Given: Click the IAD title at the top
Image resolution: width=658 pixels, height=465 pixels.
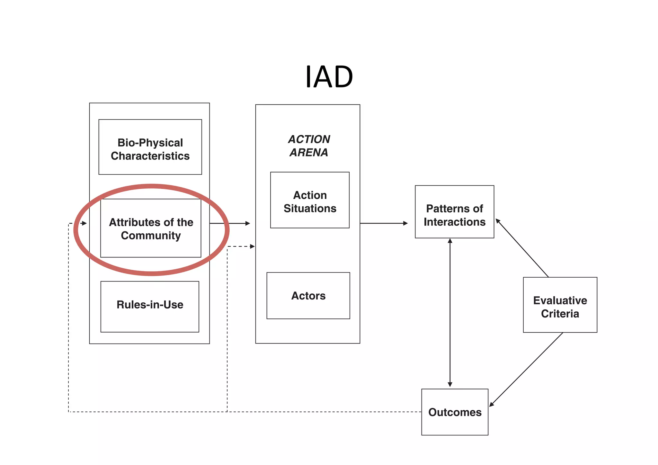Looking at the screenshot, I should click(x=329, y=77).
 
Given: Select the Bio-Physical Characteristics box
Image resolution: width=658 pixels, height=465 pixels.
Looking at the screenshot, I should click(x=150, y=147).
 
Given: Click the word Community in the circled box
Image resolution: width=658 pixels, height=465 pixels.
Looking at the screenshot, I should click(x=151, y=236).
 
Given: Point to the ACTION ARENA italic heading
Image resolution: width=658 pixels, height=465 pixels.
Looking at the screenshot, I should click(x=309, y=146).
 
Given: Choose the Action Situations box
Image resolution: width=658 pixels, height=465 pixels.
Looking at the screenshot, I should click(x=310, y=200).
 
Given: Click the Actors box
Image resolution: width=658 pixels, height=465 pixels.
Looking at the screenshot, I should click(x=308, y=296).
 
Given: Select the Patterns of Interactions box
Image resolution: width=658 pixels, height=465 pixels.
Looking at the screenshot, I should click(x=454, y=212).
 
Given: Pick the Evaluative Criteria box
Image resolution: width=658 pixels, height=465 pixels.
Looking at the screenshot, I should click(x=560, y=305).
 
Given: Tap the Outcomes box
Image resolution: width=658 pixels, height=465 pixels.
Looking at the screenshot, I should click(x=455, y=412).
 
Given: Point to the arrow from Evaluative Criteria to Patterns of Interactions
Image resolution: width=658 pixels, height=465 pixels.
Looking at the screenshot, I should click(x=522, y=248).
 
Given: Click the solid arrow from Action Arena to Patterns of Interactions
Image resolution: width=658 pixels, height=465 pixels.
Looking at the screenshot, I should click(x=384, y=223).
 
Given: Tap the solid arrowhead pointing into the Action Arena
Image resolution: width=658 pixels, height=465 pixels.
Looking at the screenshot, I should click(x=247, y=223).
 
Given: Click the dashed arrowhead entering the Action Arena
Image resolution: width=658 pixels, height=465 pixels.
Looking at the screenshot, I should click(x=252, y=246).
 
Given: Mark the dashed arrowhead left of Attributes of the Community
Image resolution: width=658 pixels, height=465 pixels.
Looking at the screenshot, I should click(x=84, y=223).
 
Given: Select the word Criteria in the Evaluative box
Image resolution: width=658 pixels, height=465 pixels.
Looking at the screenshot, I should click(x=560, y=314).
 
